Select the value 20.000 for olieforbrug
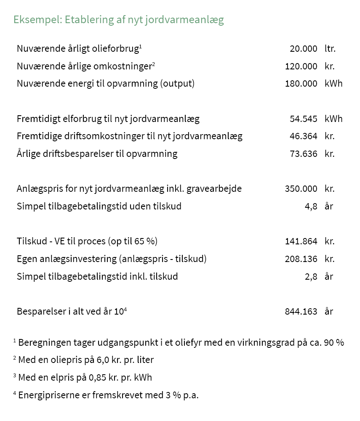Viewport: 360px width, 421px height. point(303,48)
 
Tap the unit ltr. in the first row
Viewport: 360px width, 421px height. point(330,48)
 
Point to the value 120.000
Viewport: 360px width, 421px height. point(301,66)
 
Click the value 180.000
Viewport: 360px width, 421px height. point(301,83)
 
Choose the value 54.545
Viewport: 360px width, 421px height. point(303,119)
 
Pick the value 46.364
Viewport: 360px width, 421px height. point(303,136)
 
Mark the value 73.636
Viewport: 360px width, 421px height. point(303,154)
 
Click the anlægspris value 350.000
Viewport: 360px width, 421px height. point(301,188)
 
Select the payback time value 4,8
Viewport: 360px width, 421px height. point(311,206)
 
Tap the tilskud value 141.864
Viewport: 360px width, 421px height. point(301,241)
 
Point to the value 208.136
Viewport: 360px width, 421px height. point(301,259)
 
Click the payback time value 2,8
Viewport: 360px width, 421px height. point(311,276)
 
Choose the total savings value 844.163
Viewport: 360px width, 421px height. point(301,311)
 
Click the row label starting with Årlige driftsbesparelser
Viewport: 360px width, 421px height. point(97,154)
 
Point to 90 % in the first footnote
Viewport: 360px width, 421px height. point(334,342)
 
